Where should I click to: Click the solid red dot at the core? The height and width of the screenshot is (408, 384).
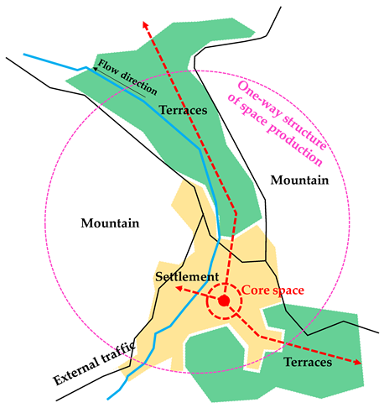(x=224, y=300)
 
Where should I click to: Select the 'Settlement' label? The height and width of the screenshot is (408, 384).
(x=188, y=276)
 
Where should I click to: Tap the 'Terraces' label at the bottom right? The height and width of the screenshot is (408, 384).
(x=309, y=363)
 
